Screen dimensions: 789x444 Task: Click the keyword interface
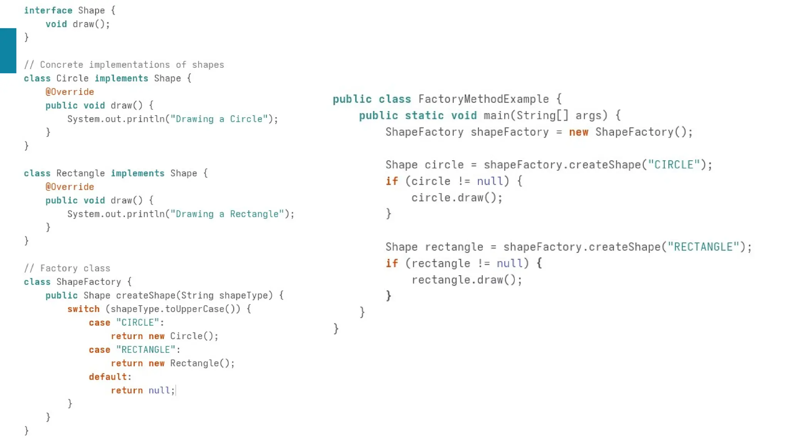[48, 10]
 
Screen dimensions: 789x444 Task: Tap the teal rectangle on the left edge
[8, 50]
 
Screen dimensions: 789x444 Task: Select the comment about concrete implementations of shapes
[124, 65]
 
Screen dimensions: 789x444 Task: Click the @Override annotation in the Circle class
[70, 92]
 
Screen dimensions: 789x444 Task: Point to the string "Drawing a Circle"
[219, 119]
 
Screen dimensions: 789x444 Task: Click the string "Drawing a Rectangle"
[227, 214]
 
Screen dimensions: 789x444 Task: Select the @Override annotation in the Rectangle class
[70, 187]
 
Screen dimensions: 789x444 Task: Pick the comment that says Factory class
[67, 268]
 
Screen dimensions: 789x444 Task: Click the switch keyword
[83, 309]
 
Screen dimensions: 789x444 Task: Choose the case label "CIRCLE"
[138, 323]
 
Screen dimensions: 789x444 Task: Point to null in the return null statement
[159, 390]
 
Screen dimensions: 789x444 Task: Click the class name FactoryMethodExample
[483, 99]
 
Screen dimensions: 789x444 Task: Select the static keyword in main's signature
[424, 116]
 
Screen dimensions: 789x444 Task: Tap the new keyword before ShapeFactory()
[579, 132]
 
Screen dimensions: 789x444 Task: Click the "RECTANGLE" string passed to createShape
[703, 247]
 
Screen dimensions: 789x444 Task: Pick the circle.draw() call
[457, 198]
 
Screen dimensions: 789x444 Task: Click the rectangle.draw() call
[467, 280]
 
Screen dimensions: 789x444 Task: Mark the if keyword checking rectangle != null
[392, 264]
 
